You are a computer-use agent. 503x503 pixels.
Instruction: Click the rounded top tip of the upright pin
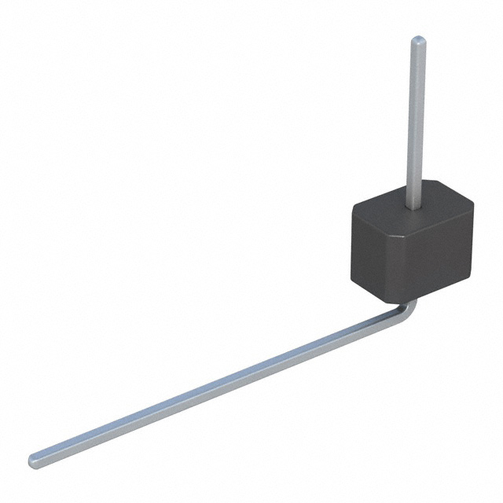(419, 40)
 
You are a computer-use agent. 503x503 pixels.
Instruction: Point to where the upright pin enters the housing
(413, 206)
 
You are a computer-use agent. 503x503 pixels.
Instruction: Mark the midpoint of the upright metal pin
(417, 122)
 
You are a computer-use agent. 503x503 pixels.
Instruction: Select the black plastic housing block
(413, 248)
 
